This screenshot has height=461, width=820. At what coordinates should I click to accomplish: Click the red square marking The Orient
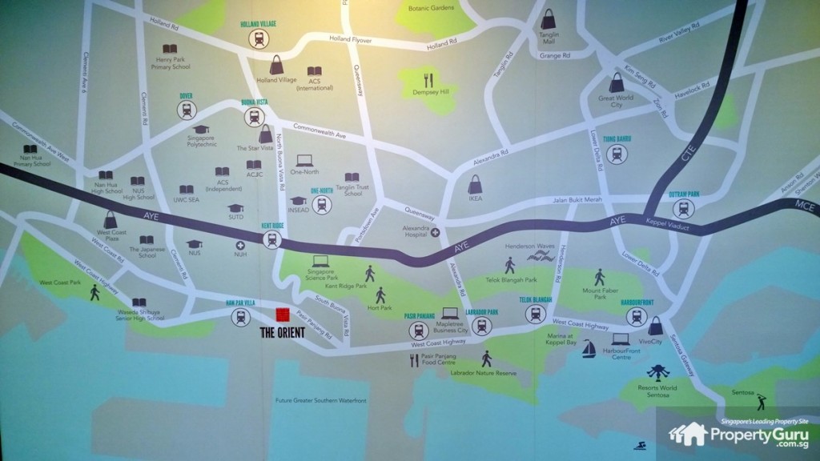click(x=280, y=315)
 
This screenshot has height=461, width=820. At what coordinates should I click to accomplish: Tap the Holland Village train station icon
click(x=258, y=38)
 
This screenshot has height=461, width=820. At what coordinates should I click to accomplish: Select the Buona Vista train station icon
click(x=255, y=115)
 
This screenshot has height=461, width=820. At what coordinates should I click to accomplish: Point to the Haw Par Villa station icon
click(x=240, y=317)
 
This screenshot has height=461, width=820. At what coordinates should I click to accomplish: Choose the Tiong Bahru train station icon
click(x=617, y=154)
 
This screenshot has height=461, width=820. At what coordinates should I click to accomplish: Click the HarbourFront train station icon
click(x=637, y=317)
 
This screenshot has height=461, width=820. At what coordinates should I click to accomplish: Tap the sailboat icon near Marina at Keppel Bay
click(x=589, y=349)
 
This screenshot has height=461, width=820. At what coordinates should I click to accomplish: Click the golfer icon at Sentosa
click(x=761, y=402)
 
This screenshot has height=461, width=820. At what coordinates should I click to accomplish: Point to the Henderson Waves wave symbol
click(x=541, y=256)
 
